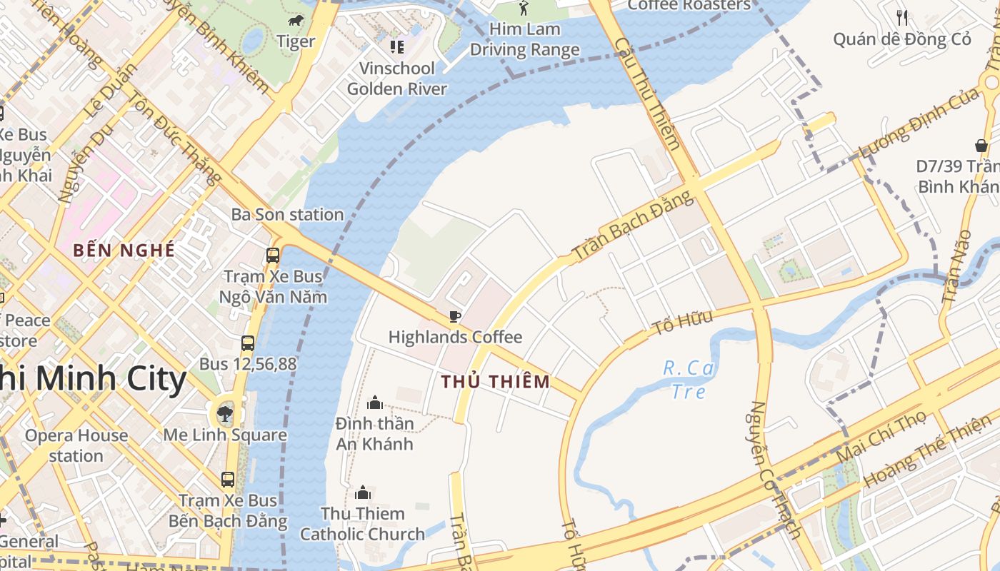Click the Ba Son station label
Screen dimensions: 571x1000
pos(287,215)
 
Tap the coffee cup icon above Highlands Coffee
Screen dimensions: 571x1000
pos(454,316)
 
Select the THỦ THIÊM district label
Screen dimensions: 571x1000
pos(496,382)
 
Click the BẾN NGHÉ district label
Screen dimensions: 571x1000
pos(124,251)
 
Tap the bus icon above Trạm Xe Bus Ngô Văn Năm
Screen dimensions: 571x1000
pos(272,255)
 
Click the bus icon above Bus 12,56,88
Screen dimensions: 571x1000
pos(248,343)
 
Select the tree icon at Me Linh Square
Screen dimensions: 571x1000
pos(225,413)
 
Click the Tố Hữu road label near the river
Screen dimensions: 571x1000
pos(682,323)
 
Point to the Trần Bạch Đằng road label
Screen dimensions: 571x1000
pos(633,226)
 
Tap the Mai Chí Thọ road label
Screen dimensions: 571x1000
pos(881,435)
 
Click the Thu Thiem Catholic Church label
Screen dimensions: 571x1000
pos(362,524)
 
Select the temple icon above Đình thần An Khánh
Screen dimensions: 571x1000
pos(374,403)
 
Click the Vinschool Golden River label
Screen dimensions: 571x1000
pos(397,79)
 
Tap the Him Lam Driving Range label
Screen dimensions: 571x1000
pos(525,40)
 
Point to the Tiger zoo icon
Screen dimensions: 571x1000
pos(295,21)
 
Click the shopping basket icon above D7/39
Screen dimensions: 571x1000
pos(981,146)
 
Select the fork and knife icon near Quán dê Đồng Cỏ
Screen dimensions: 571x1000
pos(902,17)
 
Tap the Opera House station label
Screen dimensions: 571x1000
pos(76,445)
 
